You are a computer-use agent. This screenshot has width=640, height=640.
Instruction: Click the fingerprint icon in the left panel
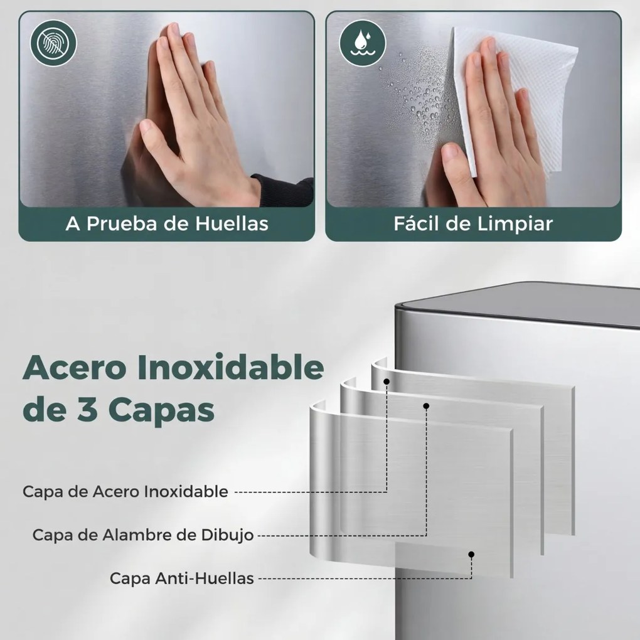[53, 43]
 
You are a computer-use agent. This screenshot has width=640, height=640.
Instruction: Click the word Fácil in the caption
[416, 224]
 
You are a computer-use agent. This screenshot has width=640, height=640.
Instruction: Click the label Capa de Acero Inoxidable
[125, 491]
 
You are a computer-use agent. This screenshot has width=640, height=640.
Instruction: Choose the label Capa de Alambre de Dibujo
[143, 535]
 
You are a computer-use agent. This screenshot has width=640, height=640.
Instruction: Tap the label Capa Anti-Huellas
[182, 578]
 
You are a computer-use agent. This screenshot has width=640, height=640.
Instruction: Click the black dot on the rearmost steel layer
[387, 381]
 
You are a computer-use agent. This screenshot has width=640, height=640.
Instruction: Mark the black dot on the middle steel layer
[426, 406]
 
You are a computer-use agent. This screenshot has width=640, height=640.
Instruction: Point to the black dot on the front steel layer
[471, 554]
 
